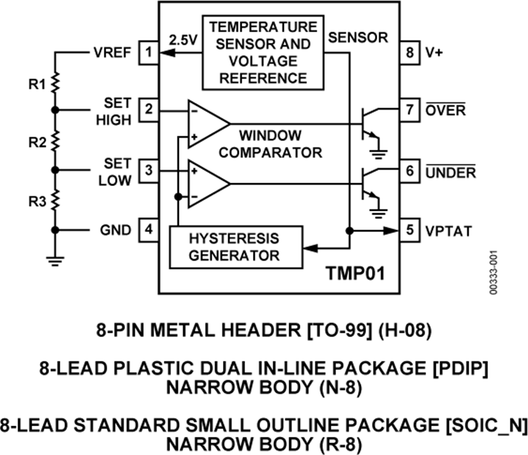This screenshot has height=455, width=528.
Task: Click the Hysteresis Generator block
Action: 234,247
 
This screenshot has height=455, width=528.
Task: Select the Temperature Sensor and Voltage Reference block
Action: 263,52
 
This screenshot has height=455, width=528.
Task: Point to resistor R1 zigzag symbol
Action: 55,83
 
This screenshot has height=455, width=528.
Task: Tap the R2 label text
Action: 36,142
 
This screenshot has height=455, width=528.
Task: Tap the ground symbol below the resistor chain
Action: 55,259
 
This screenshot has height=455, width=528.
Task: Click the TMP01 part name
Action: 356,274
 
